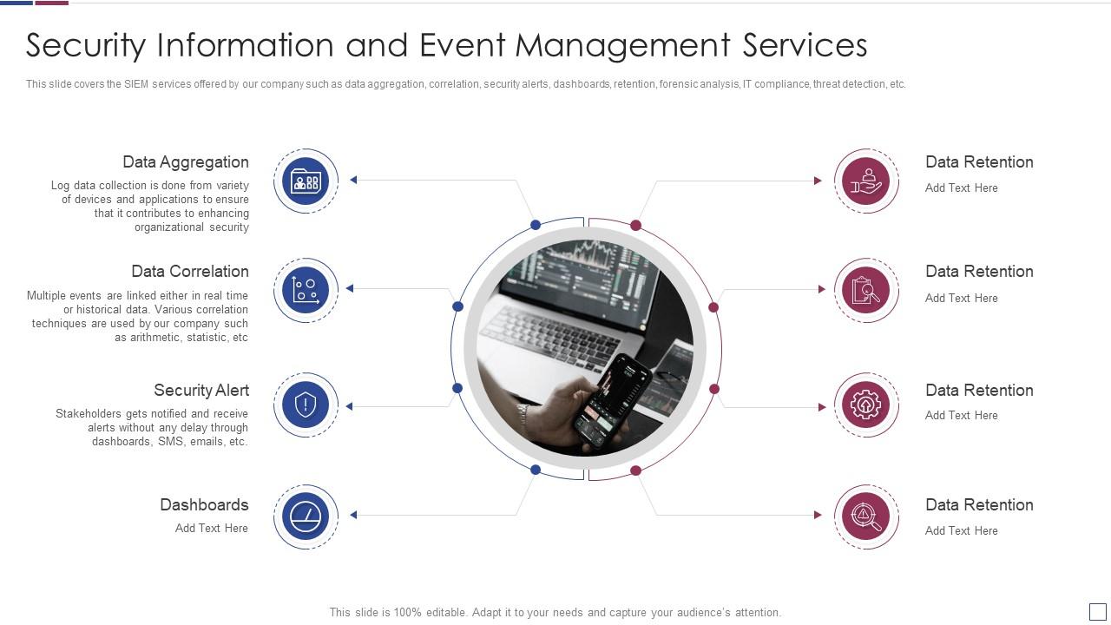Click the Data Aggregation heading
point(185,162)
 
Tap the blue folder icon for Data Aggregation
point(306,181)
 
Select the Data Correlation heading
point(189,272)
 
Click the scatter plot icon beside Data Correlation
point(306,289)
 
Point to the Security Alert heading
point(201,391)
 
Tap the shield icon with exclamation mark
point(306,405)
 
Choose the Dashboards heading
point(204,505)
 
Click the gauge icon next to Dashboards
point(306,516)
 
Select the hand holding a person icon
point(865,181)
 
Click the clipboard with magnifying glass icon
point(865,290)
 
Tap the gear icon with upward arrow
point(865,405)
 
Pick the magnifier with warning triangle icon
point(865,516)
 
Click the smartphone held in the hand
point(612,399)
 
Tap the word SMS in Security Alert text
point(170,442)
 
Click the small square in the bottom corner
point(1097,612)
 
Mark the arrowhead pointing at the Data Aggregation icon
point(353,180)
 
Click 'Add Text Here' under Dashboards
point(211,529)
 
